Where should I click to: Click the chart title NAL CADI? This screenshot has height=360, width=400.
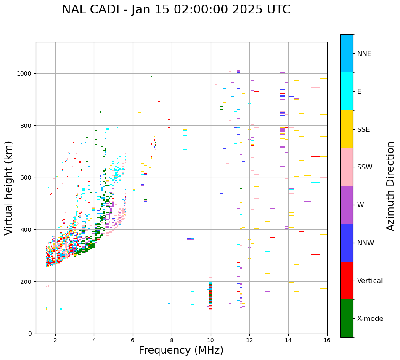pos(176,10)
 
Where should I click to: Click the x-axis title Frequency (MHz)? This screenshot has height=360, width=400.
pos(181,350)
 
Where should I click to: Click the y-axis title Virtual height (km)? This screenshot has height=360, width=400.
pos(9,188)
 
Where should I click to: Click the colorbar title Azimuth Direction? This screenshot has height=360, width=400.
pos(391,186)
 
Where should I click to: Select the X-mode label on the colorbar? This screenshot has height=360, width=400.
pos(370,319)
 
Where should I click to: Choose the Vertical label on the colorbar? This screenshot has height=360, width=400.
pos(370,281)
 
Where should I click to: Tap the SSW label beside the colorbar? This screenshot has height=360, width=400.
pos(365,167)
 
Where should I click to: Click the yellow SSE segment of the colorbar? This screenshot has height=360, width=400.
pos(347,129)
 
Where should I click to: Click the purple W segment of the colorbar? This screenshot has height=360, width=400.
pos(347,205)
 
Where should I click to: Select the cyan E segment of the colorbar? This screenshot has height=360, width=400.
pos(347,91)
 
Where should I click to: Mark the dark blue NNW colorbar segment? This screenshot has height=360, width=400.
pos(347,243)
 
